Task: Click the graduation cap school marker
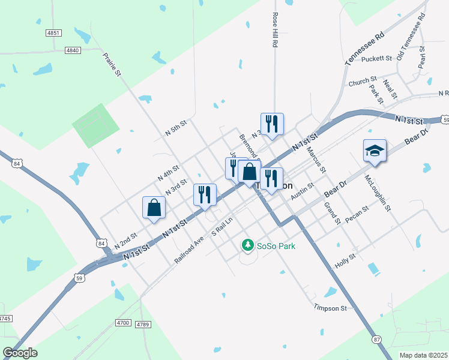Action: [x=375, y=151]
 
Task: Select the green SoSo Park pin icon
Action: [x=247, y=245]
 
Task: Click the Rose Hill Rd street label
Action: [x=276, y=30]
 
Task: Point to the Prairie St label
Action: [x=112, y=65]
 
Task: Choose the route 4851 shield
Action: [x=53, y=33]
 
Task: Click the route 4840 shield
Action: [x=73, y=50]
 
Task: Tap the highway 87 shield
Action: [x=376, y=340]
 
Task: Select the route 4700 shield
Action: [x=123, y=323]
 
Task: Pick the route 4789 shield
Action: [x=142, y=324]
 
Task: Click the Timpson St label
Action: [x=330, y=308]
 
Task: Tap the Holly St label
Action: [x=345, y=260]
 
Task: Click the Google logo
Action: [x=20, y=353]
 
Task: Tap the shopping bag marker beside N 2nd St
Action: [x=154, y=208]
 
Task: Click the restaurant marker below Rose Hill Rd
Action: [x=272, y=124]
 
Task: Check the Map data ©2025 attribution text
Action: [x=424, y=355]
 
